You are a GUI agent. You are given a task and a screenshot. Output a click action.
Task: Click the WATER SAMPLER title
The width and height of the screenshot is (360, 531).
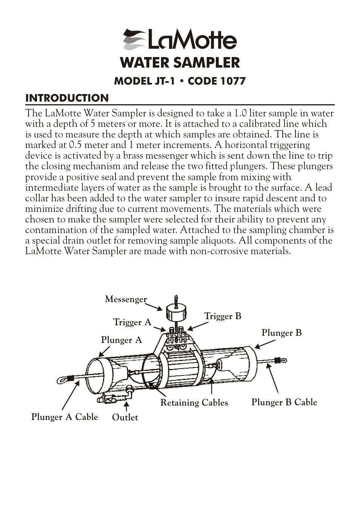[x=180, y=63]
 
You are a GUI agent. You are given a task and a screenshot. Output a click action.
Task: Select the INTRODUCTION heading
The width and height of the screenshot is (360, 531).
[x=67, y=98]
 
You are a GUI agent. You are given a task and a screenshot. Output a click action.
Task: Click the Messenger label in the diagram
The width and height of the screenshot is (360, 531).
[x=126, y=299]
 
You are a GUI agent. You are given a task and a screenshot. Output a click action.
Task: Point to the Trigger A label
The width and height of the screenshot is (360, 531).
[x=132, y=322]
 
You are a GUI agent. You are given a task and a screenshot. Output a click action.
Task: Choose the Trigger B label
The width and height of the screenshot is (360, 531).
[x=223, y=316]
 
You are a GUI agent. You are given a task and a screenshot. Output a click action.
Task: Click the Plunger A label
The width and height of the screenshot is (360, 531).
[x=121, y=340]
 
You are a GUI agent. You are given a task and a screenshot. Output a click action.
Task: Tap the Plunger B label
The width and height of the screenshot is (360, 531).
[x=282, y=333]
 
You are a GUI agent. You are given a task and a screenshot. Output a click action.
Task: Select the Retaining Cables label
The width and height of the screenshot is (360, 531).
[x=194, y=403]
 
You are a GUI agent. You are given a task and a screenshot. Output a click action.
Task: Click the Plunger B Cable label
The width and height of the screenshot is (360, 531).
[x=284, y=402]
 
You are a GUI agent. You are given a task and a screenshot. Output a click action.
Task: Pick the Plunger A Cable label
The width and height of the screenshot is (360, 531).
[x=65, y=417]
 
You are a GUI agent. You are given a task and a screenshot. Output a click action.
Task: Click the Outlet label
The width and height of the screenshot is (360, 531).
[x=125, y=417]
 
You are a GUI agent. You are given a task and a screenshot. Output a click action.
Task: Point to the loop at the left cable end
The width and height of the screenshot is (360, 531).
[x=63, y=378]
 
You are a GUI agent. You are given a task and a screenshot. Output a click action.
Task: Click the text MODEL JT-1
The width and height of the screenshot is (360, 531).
[x=145, y=81]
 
